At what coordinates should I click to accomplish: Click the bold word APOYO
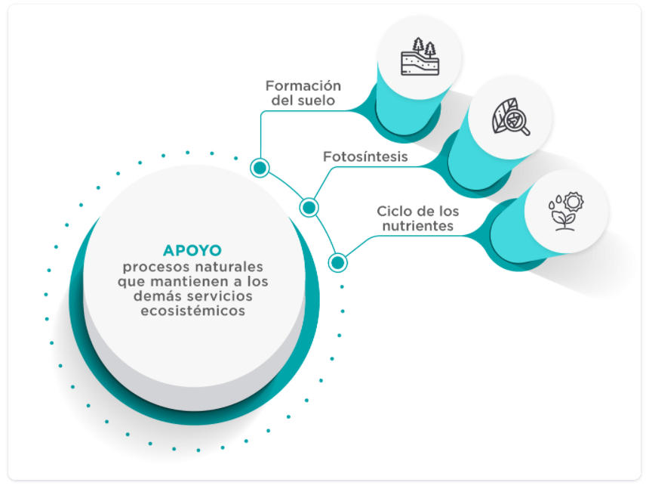tap(192, 251)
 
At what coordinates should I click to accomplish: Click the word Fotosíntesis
tap(365, 157)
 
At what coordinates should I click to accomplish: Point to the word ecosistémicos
tap(193, 311)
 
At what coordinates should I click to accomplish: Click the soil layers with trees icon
tap(419, 57)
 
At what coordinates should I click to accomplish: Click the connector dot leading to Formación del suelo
tap(260, 167)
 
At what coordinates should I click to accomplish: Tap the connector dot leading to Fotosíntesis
tap(309, 207)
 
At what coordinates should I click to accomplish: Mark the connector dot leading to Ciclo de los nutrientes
tap(337, 262)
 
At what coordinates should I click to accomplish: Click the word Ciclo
tap(392, 211)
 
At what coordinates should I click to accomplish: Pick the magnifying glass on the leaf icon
tap(518, 122)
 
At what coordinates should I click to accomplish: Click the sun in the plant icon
tap(575, 202)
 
